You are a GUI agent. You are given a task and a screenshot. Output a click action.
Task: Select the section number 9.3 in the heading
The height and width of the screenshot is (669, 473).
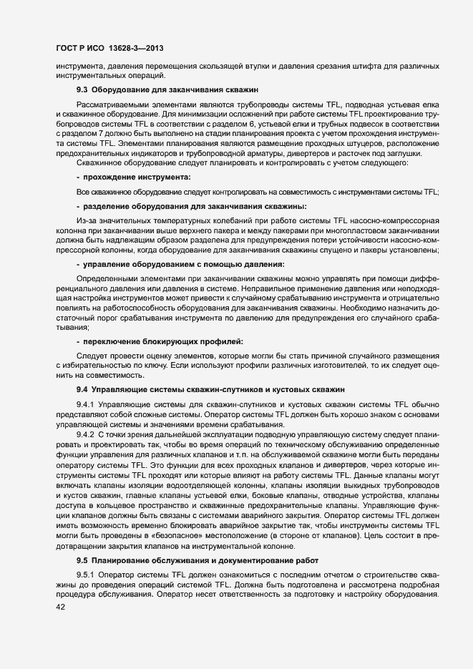82,90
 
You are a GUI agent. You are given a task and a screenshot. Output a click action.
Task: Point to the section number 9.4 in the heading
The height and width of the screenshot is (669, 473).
82,389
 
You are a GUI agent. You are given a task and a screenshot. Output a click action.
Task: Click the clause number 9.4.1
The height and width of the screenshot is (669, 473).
85,404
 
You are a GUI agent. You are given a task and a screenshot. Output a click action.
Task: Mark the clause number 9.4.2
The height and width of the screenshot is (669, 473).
85,434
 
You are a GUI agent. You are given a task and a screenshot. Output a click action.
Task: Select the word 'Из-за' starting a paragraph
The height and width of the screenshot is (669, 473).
87,220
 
